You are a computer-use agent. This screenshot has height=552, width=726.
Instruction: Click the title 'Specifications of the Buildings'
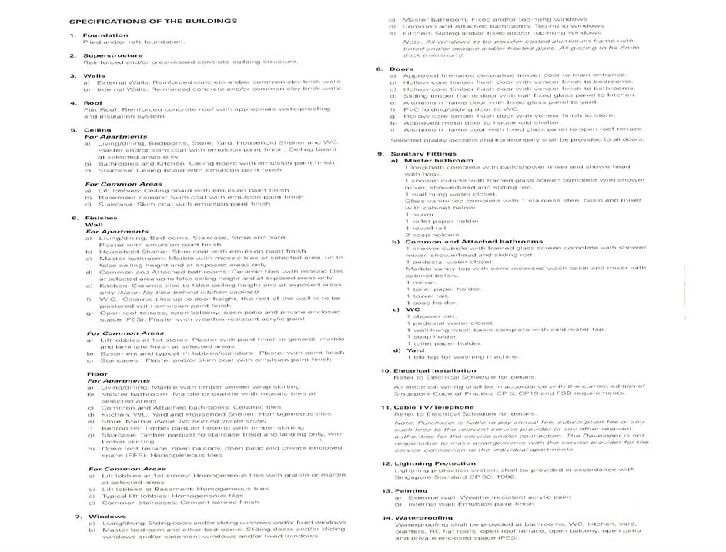click(153, 21)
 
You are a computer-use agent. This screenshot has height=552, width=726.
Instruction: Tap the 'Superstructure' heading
click(112, 55)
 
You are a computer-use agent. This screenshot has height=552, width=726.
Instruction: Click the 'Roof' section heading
click(92, 102)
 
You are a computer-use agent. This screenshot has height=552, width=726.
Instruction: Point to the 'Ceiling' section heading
click(97, 130)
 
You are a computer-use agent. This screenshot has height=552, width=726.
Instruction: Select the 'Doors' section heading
click(401, 69)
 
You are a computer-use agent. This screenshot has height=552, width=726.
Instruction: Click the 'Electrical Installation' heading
click(434, 370)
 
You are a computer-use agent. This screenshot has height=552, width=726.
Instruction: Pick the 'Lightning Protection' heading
click(435, 463)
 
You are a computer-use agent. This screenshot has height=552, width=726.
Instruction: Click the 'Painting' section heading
click(410, 490)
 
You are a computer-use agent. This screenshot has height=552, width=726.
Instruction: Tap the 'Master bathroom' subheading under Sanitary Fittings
click(439, 160)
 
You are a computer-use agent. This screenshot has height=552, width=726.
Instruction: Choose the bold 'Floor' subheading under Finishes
click(97, 374)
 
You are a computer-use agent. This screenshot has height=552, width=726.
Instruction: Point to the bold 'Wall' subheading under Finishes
click(92, 225)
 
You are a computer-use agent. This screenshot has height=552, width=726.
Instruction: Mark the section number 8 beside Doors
click(380, 69)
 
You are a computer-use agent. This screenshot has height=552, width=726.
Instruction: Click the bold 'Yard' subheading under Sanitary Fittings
click(415, 350)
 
